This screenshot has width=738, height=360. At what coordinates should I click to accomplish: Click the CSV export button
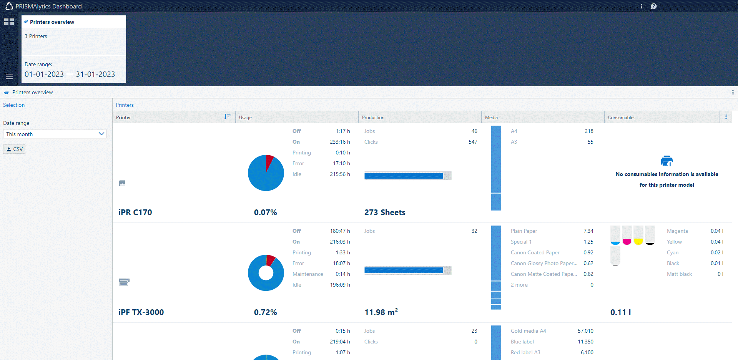tap(14, 149)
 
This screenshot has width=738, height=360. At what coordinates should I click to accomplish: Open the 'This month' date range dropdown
tap(55, 134)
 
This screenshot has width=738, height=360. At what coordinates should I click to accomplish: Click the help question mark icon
tap(653, 6)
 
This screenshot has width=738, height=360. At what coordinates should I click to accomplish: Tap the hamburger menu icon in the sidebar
tap(9, 77)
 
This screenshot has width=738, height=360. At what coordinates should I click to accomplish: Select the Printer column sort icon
tap(227, 117)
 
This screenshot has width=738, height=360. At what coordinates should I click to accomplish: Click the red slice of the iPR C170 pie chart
tap(269, 161)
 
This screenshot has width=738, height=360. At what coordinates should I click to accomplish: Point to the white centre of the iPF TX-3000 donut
tap(266, 273)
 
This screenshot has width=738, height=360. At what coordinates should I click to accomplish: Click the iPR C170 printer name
tap(135, 212)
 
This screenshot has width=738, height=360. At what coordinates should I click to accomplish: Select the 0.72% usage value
tap(265, 312)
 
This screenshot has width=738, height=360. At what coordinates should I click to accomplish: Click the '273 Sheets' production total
tap(385, 212)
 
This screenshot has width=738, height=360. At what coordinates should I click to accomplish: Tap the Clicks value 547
tap(473, 142)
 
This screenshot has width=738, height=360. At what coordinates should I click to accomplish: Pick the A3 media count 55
tap(590, 142)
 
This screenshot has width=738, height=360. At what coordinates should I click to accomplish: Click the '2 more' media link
tap(519, 285)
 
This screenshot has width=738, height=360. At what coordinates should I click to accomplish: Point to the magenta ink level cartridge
tap(627, 235)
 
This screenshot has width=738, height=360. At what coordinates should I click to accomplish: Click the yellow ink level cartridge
tap(638, 235)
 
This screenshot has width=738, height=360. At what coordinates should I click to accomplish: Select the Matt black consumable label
tap(679, 274)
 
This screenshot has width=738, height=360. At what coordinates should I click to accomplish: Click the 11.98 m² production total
tap(381, 312)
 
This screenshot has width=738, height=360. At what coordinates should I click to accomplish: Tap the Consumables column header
tap(622, 118)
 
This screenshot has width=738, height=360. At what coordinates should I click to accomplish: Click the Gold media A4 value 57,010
tap(585, 331)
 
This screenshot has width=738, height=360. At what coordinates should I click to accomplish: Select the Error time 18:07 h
tap(341, 263)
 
